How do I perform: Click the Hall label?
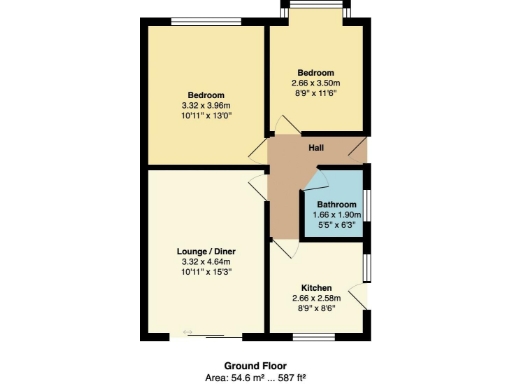tap(316, 149)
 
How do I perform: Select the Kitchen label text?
tap(316, 288)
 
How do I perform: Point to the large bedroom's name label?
tap(206, 95)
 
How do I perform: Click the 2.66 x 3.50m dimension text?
tap(316, 83)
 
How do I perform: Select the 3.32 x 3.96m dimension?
tap(206, 105)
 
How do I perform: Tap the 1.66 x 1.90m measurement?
tap(335, 215)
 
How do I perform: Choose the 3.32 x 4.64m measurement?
tap(206, 262)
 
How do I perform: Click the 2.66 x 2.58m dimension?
tap(316, 298)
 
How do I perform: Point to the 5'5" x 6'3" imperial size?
tap(335, 225)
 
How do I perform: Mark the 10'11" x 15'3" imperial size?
tap(206, 272)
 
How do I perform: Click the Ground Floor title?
tap(257, 367)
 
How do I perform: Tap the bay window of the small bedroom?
tap(315, 12)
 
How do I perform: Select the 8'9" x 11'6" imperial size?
tap(316, 93)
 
